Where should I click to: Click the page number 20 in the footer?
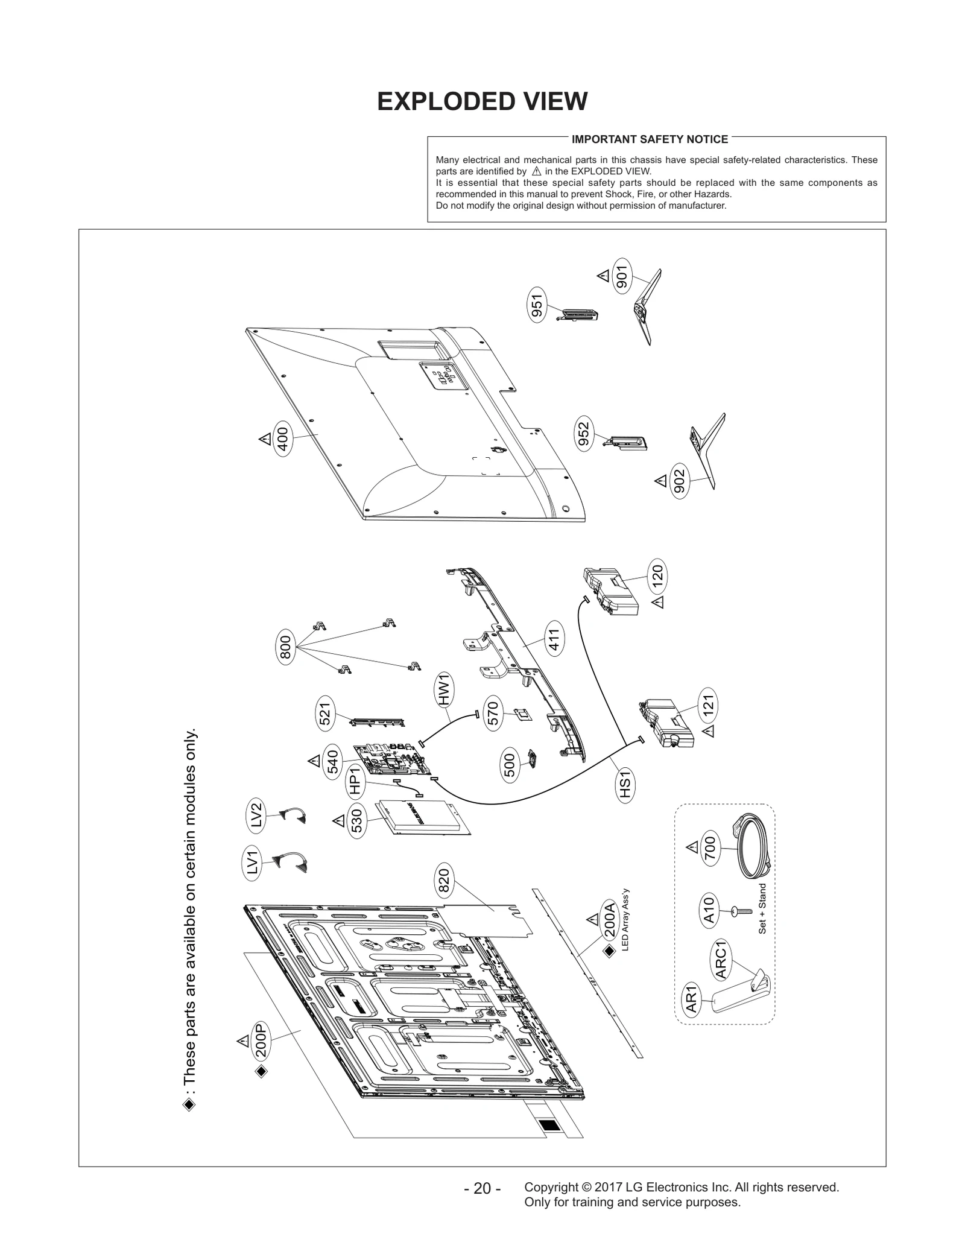coord(482,1188)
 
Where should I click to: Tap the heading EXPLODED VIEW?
coord(482,101)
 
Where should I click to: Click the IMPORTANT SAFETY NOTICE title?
coord(650,139)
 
